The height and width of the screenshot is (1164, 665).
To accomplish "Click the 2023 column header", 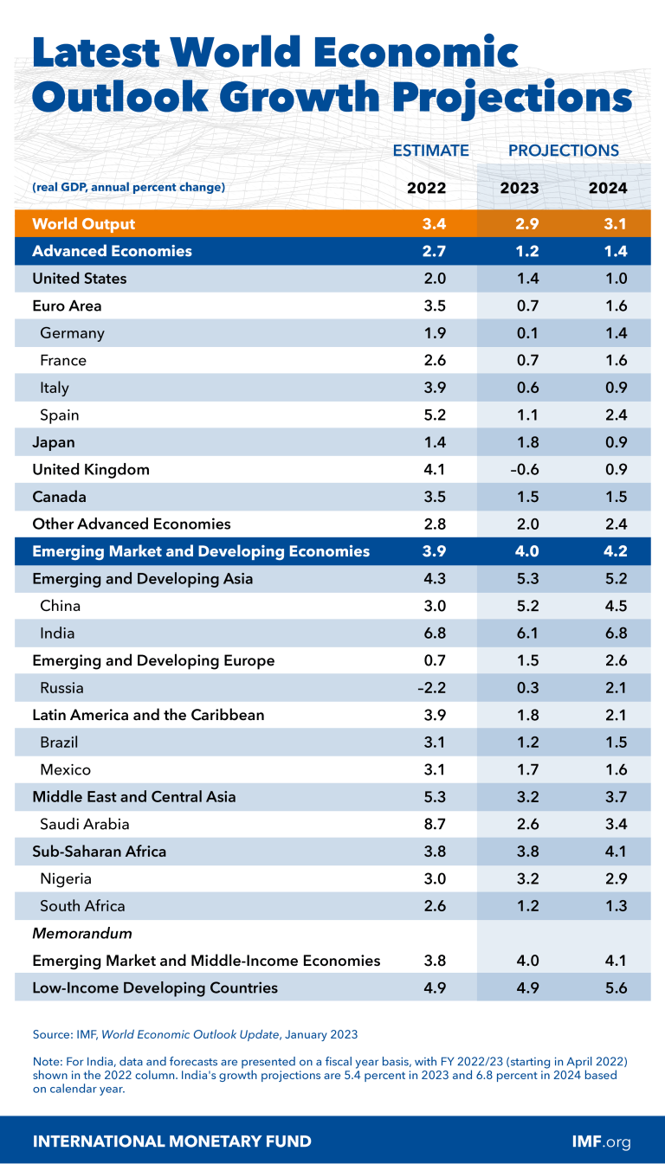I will point(520,188).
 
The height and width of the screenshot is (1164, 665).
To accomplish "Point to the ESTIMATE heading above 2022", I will point(431,151).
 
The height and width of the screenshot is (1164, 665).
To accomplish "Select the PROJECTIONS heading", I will point(564,151).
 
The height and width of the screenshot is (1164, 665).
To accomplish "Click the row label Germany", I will point(72,333).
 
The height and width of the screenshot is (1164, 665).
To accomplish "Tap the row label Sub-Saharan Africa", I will point(99,852).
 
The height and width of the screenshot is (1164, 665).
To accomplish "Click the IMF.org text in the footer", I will point(601,1141).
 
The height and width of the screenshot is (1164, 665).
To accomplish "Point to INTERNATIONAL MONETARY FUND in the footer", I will point(171,1141).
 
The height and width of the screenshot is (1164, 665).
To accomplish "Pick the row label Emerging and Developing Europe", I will point(153,661).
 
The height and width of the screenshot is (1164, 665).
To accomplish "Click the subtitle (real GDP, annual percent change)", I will point(128,188).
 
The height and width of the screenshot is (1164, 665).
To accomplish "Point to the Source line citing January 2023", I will point(195,1034).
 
